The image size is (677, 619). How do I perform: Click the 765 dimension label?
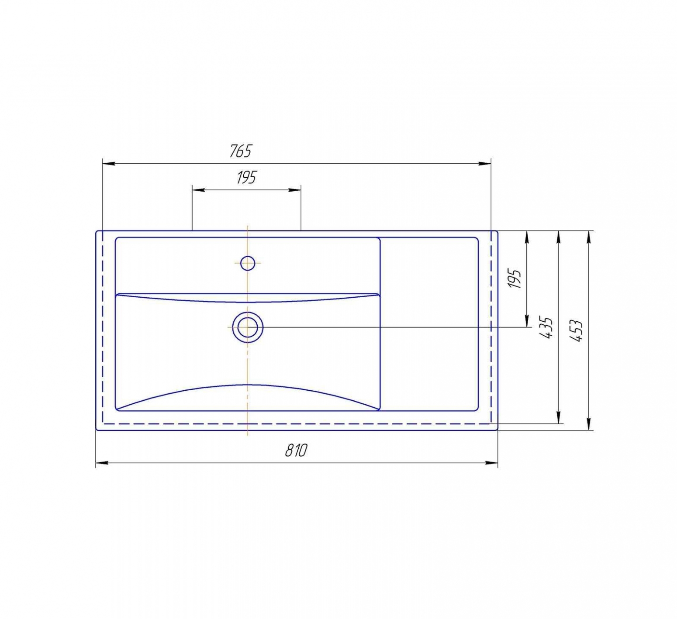[x=241, y=151]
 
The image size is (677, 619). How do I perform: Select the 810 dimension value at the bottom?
[x=296, y=450]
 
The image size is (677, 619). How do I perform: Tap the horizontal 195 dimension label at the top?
[x=246, y=177]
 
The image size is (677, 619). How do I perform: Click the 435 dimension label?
[x=546, y=327]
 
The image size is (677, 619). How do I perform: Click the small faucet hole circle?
[x=248, y=263]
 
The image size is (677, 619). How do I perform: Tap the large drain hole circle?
[x=248, y=327]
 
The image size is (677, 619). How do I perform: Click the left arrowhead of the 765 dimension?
[x=108, y=164]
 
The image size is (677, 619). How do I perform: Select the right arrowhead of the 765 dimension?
[x=485, y=164]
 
